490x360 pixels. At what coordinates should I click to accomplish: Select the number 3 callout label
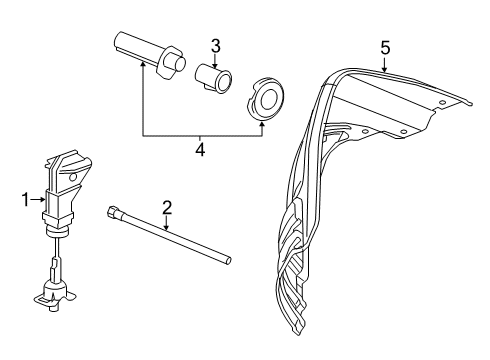coord(214,46)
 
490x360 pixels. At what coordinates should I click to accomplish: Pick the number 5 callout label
coord(384,46)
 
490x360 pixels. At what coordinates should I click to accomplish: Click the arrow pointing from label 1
coord(40,199)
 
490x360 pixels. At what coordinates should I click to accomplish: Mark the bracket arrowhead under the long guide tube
coord(142,67)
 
